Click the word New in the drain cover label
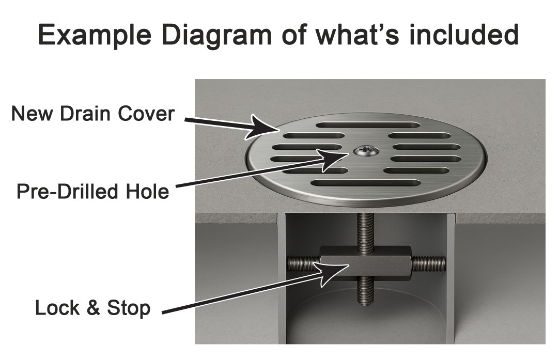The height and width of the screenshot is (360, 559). click(32, 114)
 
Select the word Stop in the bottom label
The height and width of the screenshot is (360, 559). click(129, 308)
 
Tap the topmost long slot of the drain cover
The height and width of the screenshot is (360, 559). click(367, 124)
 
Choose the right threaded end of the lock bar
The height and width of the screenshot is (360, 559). click(428, 263)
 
